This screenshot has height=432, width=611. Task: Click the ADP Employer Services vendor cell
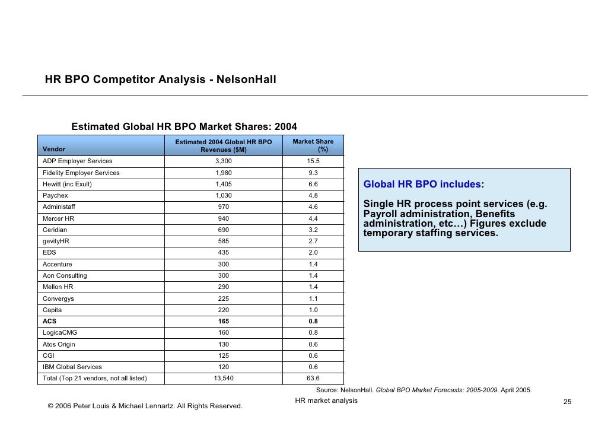click(77, 161)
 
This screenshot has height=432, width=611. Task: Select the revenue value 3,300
click(224, 161)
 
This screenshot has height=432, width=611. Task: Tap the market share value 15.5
click(313, 161)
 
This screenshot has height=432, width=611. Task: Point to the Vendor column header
click(54, 149)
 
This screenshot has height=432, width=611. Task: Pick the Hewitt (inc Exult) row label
click(67, 184)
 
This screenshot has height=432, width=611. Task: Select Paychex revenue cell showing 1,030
click(224, 195)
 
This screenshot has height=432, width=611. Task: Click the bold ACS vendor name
click(49, 321)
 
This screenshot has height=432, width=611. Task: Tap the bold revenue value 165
click(224, 321)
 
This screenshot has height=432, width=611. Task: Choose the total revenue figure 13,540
click(224, 378)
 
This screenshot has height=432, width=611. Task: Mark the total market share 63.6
click(313, 378)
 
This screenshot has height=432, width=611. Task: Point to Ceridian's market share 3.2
click(313, 230)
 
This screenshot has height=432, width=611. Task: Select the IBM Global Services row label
click(72, 367)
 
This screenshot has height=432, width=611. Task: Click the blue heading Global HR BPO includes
click(423, 185)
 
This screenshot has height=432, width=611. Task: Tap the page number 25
click(567, 402)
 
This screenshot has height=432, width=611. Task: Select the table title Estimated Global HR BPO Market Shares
click(184, 126)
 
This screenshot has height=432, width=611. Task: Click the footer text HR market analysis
click(326, 401)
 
